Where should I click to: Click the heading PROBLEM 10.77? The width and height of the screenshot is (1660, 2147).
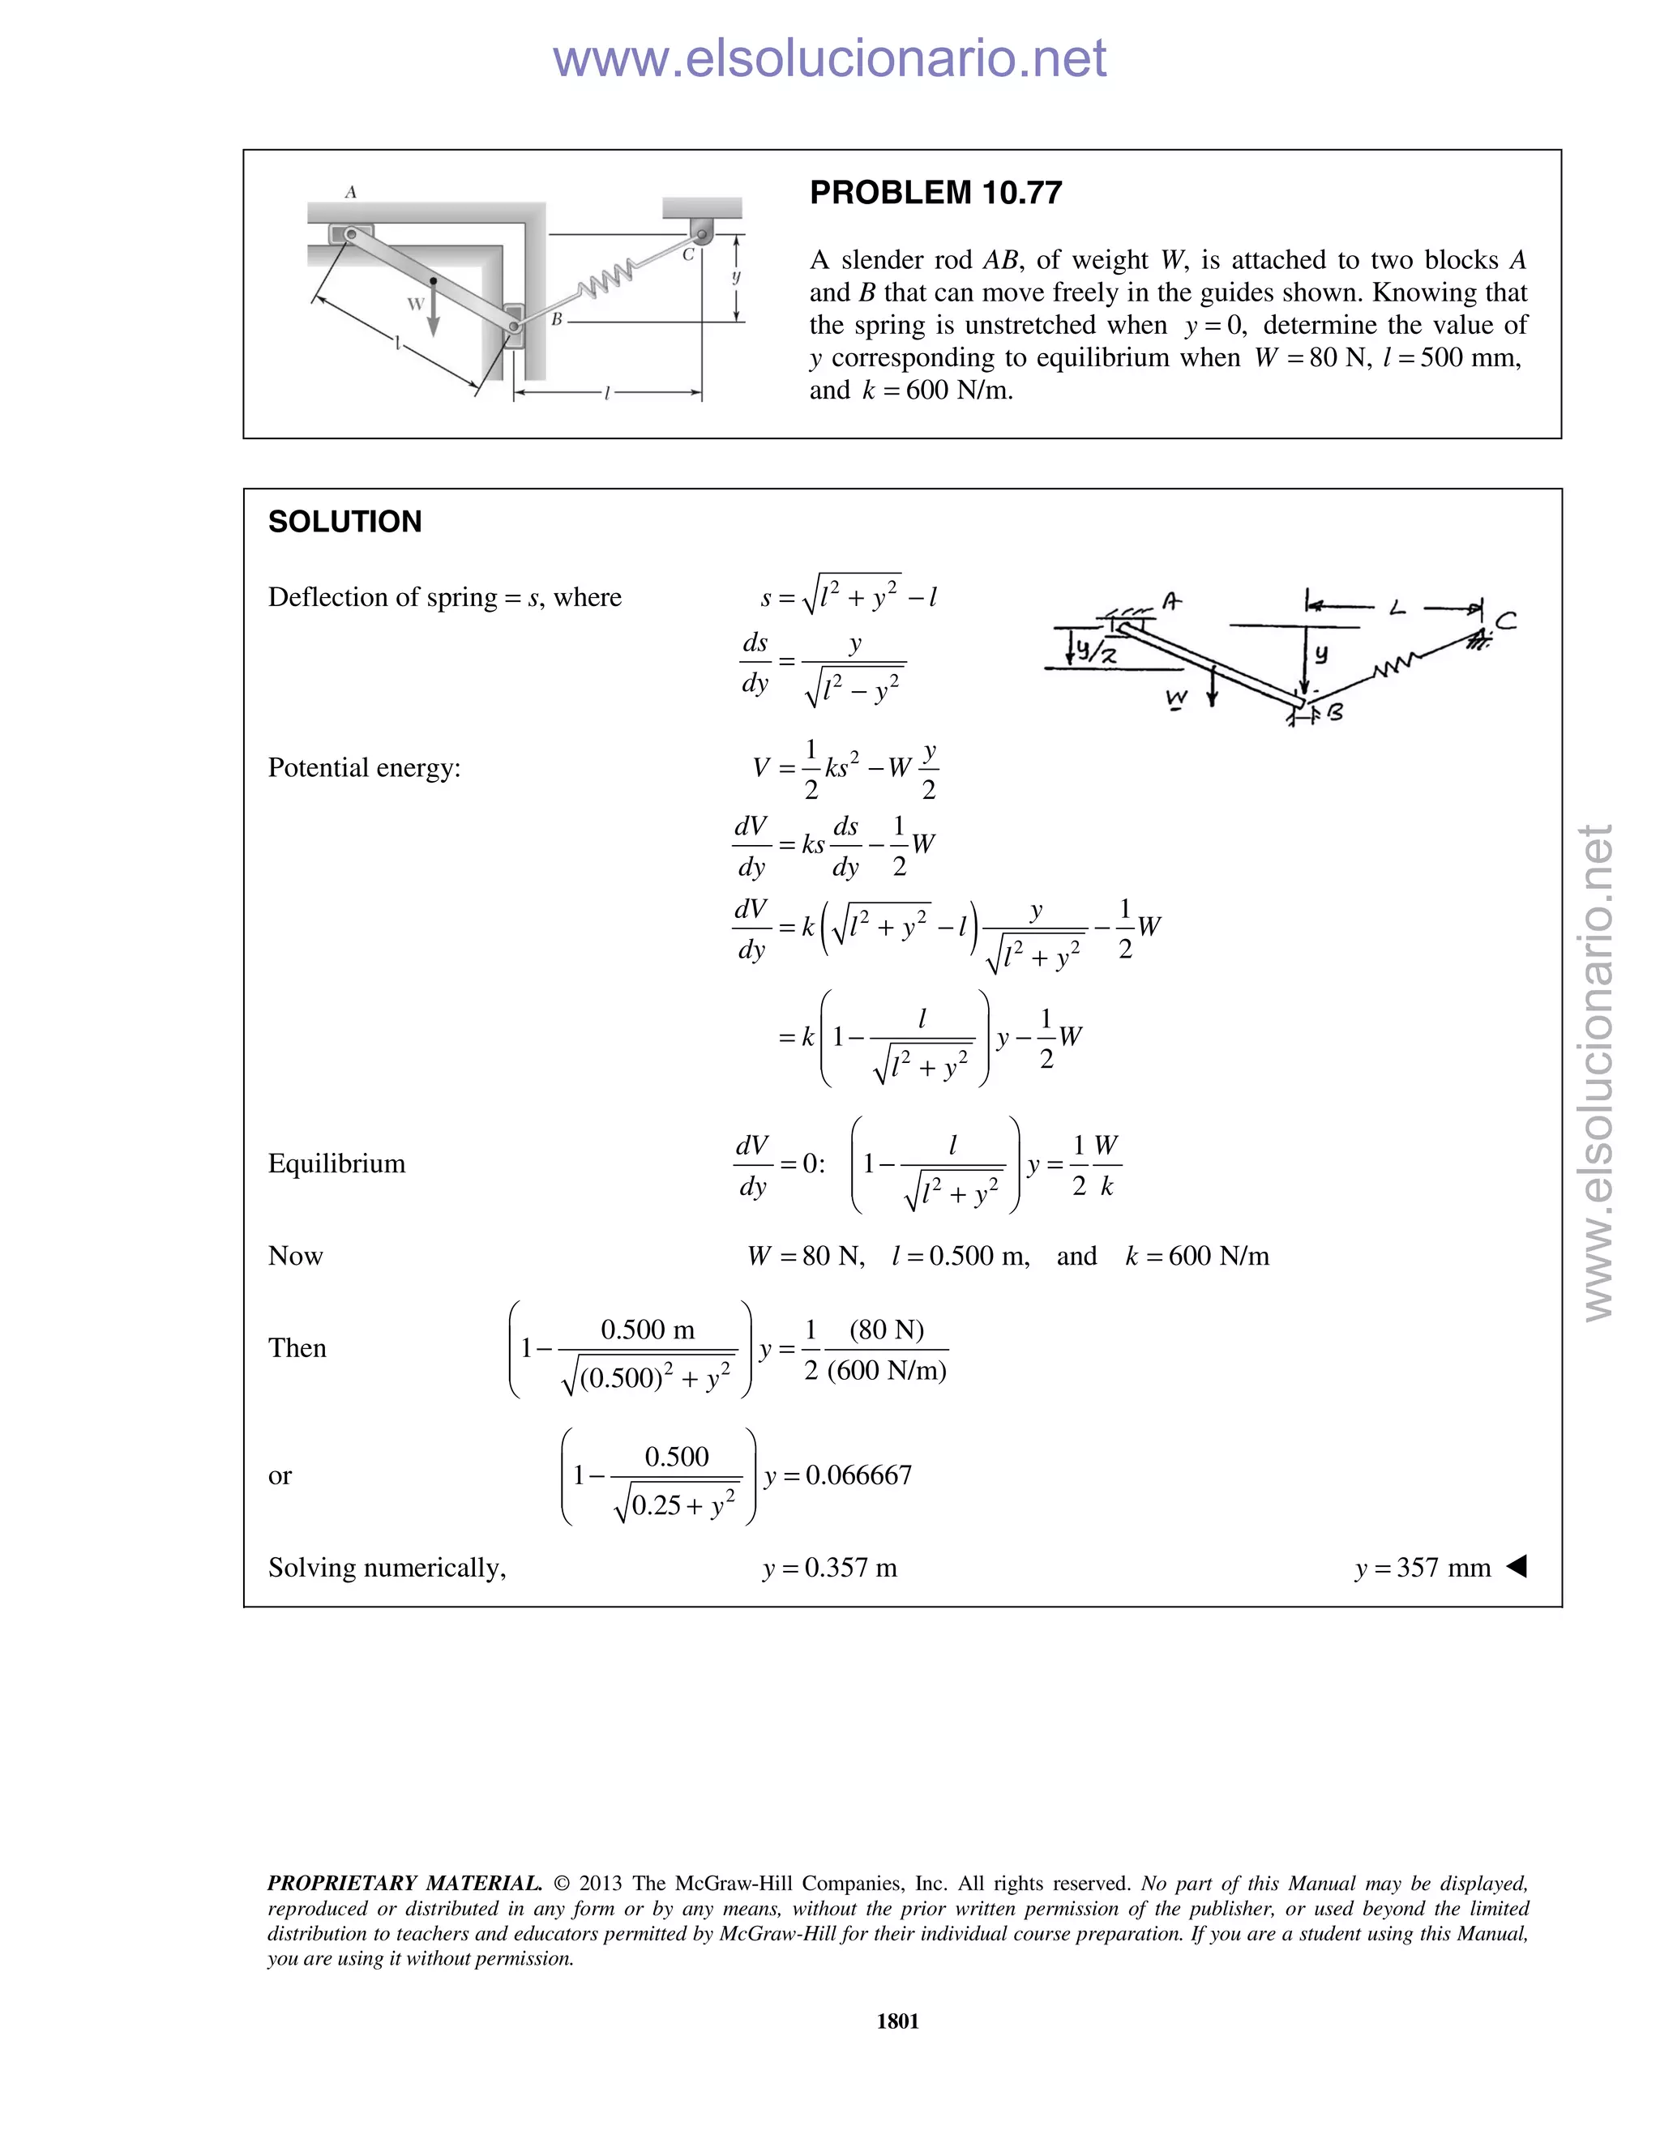coord(935,193)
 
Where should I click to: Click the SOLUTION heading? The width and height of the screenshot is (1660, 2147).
coord(344,522)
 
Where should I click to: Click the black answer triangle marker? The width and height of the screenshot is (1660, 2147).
coord(1517,1565)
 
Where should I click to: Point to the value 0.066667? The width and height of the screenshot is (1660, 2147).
coord(858,1475)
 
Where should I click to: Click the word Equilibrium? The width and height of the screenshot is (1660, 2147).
coord(336,1164)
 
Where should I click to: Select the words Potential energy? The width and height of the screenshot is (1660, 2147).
coord(364,768)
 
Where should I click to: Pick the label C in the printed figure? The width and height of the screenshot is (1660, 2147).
coord(688,254)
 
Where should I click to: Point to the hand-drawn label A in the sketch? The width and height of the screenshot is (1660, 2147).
coord(1171,600)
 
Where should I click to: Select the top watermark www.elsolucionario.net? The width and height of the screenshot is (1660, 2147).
coord(829,58)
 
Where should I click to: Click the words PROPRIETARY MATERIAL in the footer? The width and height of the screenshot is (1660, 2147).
coord(404,1884)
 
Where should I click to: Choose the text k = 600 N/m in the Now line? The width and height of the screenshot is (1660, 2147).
coord(1197,1257)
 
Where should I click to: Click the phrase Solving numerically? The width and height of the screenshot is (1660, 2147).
coord(387,1567)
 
